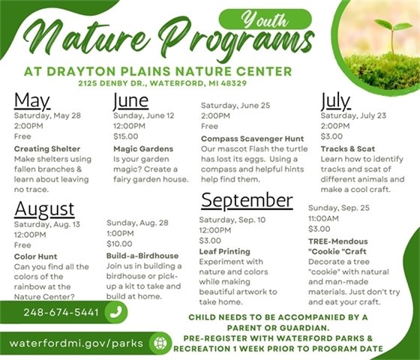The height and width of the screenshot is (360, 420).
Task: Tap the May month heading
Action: [x=31, y=101]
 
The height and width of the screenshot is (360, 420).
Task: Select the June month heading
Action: [x=130, y=101]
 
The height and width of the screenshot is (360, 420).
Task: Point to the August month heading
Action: [x=44, y=208]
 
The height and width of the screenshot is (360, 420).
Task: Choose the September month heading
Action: [x=246, y=200]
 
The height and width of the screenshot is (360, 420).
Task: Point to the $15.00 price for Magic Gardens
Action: [x=126, y=136]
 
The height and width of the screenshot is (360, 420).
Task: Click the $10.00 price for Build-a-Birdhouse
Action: [x=119, y=244]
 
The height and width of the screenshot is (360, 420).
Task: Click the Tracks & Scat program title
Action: [x=349, y=148]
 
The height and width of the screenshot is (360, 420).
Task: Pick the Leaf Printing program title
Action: [x=224, y=252]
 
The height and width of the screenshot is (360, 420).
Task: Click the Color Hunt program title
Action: [x=34, y=256]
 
